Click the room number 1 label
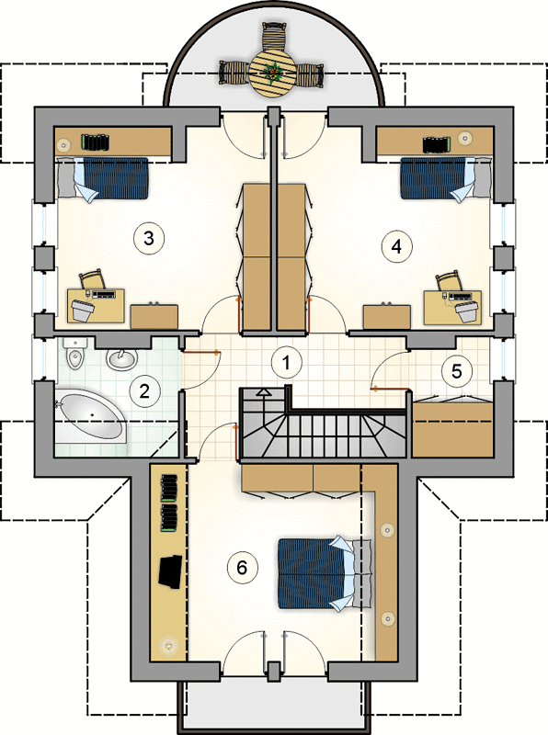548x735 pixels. point(287,362)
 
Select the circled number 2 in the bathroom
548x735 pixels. point(143,391)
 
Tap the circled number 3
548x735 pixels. point(148,238)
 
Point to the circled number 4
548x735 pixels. point(396,246)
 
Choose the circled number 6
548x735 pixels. point(242,568)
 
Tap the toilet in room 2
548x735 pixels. point(74,354)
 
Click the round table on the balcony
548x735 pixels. point(272,73)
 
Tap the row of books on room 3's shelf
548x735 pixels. point(96,141)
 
